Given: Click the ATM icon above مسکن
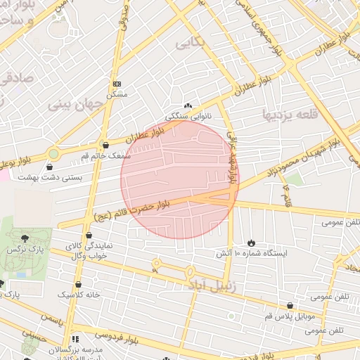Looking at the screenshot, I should (x=116, y=83).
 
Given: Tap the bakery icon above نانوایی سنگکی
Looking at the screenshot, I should (x=187, y=105).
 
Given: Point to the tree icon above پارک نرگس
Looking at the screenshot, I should (x=26, y=239).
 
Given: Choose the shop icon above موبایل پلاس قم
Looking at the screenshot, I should (x=290, y=304).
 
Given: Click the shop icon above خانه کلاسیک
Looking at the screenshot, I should (x=78, y=284).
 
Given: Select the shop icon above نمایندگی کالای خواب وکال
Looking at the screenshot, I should (x=89, y=236).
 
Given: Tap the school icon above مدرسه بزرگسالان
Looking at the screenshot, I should (x=75, y=339).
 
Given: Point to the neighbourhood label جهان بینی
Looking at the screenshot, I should (x=76, y=105).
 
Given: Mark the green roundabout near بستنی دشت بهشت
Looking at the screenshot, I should (x=53, y=153).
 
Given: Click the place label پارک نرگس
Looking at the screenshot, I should (x=22, y=250).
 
